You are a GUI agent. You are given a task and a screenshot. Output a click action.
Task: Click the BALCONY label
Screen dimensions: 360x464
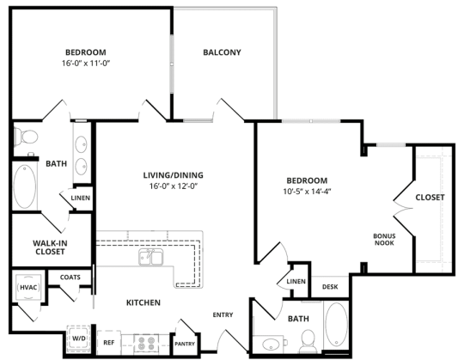coord(222,52)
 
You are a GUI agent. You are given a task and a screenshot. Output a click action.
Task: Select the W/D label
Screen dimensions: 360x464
coord(77,339)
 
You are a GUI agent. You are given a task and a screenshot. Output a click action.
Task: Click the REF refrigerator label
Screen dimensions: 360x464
coord(109,342)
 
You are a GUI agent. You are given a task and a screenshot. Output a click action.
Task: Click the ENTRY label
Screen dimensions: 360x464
coord(223,314)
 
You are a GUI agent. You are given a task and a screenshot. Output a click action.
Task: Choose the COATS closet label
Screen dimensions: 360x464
coord(70,277)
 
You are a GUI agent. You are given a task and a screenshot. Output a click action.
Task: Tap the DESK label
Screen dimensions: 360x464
coord(329,287)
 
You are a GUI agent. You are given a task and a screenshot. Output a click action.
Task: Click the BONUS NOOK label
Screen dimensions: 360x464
coord(383,239)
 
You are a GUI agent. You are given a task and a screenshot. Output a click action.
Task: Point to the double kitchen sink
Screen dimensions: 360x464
coord(151,258)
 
